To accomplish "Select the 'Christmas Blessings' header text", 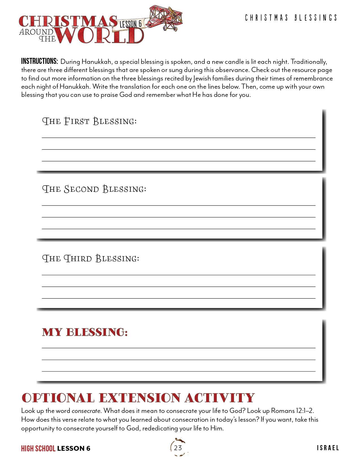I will pos(291,18).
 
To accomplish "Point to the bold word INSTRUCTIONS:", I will pos(40,61).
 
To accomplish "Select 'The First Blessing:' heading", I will pos(89,121).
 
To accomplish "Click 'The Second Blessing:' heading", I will pos(94,189).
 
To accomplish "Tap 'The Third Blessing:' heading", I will pos(91,258).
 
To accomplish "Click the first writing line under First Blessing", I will pos(178,137).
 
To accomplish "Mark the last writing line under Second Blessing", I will pos(178,228).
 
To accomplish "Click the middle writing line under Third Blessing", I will pos(178,286).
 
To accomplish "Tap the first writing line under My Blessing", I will pos(178,348).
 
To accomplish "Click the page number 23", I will pos(178,448).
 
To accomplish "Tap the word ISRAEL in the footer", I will pos(328,448).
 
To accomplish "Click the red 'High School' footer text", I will pos(38,448).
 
